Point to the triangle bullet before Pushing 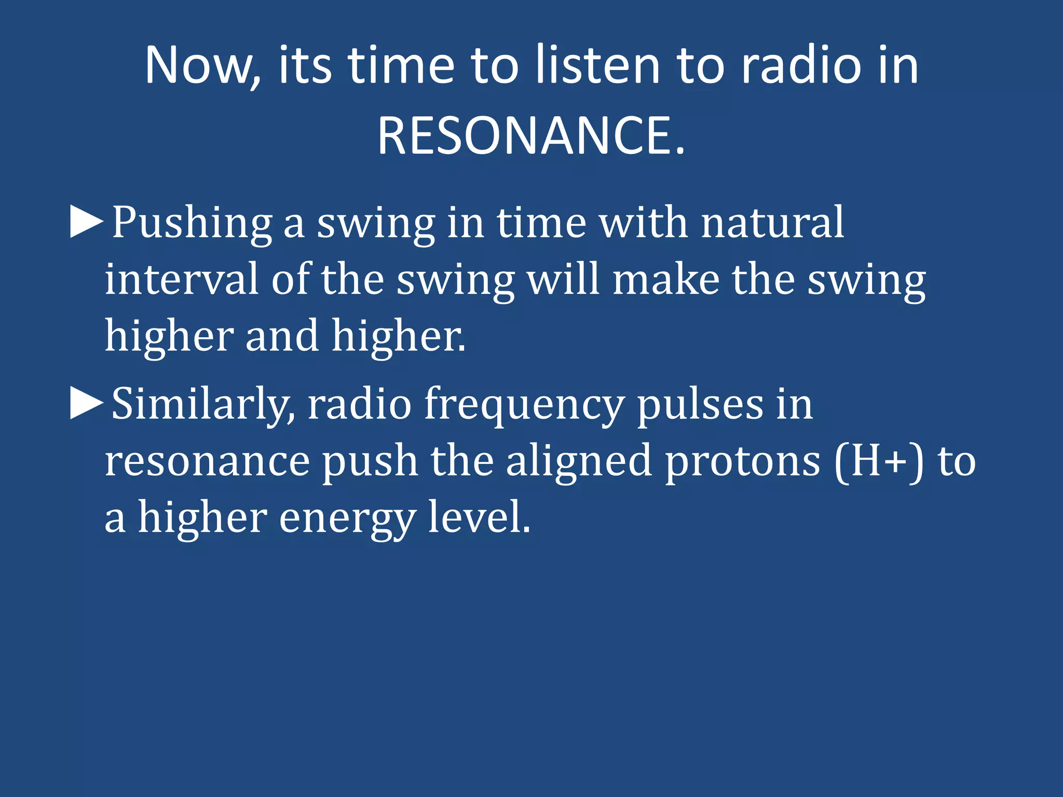click(86, 223)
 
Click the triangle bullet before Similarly click(86, 404)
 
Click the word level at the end click(479, 518)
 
